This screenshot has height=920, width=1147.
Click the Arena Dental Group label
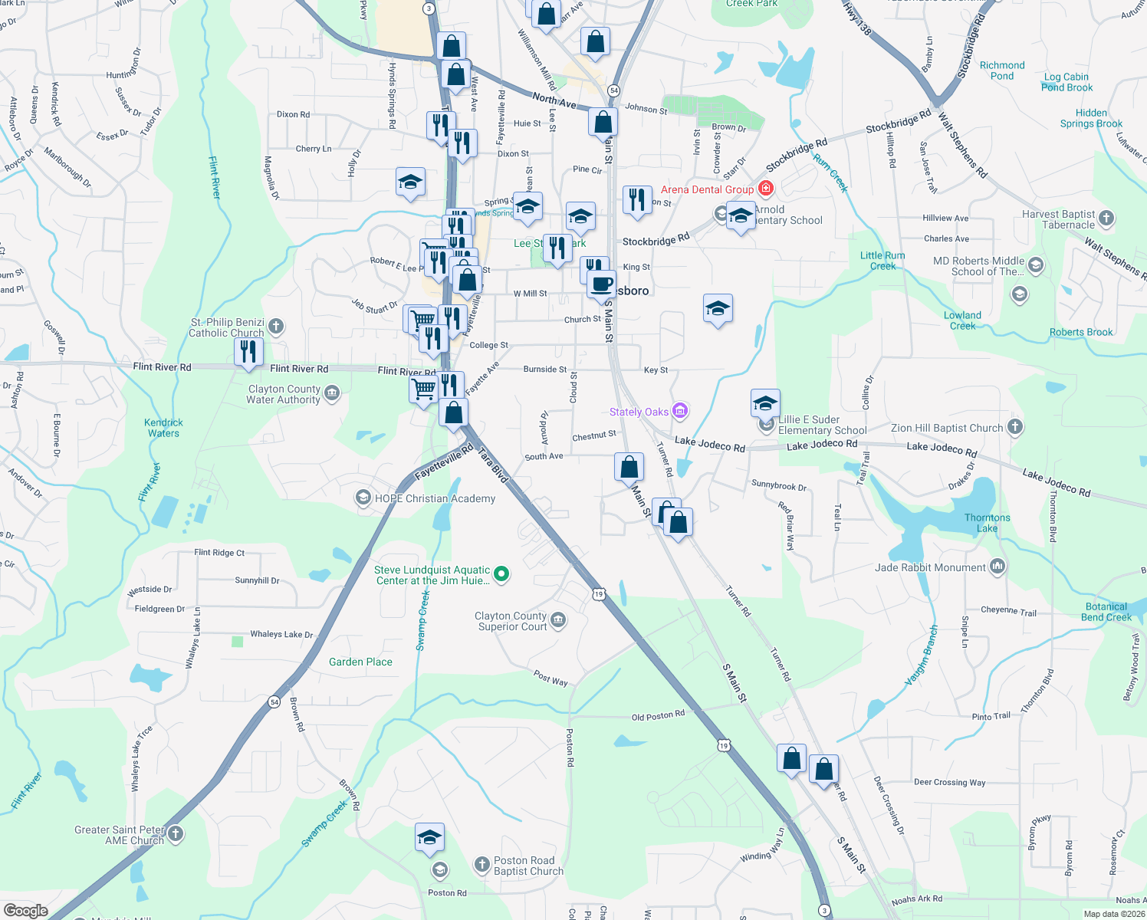point(707,189)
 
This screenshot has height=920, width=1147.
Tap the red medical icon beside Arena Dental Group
point(765,188)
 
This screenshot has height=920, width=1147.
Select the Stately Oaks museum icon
point(679,411)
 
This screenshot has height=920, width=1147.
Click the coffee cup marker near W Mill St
point(602,284)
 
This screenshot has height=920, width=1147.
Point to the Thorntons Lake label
point(987,523)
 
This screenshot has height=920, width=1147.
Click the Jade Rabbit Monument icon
point(997,567)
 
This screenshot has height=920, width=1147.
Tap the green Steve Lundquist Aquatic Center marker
point(501,573)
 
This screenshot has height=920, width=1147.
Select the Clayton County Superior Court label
point(511,621)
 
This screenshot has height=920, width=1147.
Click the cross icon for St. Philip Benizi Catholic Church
point(276,327)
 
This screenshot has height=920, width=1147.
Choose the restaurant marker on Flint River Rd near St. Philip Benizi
point(248,352)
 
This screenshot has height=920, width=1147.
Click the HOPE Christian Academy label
point(435,498)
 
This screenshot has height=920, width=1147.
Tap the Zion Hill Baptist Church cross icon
point(1015,427)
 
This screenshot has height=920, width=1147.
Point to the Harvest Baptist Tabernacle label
point(1058,219)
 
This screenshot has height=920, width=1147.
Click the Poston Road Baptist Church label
point(528,866)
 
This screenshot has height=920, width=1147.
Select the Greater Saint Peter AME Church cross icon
point(176,833)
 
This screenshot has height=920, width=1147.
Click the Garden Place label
point(360,662)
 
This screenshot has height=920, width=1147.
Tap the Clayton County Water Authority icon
point(332,393)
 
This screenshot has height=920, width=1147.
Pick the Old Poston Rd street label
point(658,716)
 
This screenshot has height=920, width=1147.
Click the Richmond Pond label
point(1001,71)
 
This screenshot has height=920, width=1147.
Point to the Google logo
point(25,910)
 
